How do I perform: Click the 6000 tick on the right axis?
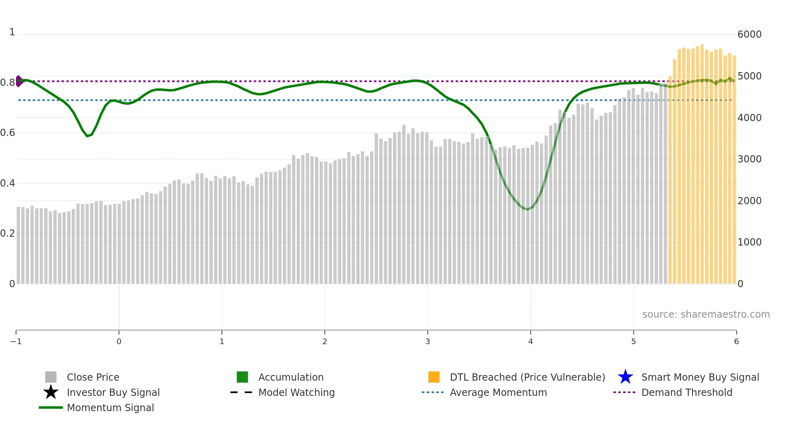pyautogui.click(x=749, y=34)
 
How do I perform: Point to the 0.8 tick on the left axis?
pyautogui.click(x=8, y=83)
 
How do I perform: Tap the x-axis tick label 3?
pyautogui.click(x=427, y=341)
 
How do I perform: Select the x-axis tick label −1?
pyautogui.click(x=16, y=341)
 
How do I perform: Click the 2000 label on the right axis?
pyautogui.click(x=749, y=201)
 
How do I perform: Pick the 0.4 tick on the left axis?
pyautogui.click(x=8, y=183)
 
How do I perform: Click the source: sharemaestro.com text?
pyautogui.click(x=706, y=314)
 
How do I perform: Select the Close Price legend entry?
pyautogui.click(x=93, y=377)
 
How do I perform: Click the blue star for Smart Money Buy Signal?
pyautogui.click(x=625, y=377)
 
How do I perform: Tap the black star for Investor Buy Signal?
pyautogui.click(x=51, y=392)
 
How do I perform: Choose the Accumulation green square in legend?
pyautogui.click(x=242, y=377)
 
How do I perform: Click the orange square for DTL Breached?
pyautogui.click(x=434, y=377)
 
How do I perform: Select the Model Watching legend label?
pyautogui.click(x=296, y=392)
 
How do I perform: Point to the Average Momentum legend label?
pyautogui.click(x=498, y=392)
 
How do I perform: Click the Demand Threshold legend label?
pyautogui.click(x=686, y=392)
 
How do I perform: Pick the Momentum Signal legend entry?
pyautogui.click(x=110, y=408)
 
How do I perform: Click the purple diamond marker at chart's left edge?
pyautogui.click(x=19, y=81)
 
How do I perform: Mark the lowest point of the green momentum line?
pyautogui.click(x=527, y=209)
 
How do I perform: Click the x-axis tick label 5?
pyautogui.click(x=633, y=341)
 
